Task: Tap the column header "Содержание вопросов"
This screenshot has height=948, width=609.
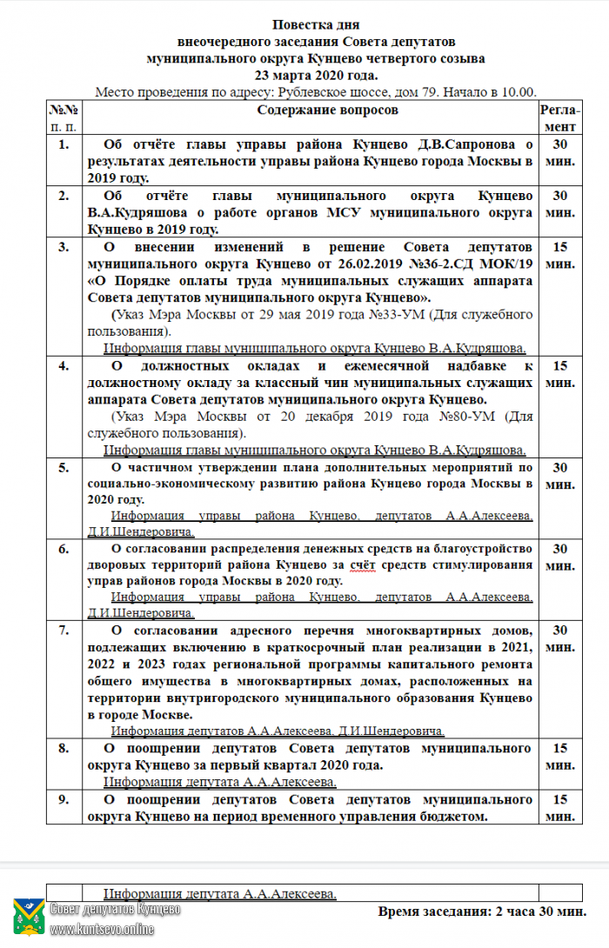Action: tap(327, 110)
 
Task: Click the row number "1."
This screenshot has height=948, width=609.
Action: tap(64, 144)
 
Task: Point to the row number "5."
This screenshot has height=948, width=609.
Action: tap(64, 468)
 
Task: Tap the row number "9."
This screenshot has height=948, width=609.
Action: tap(64, 798)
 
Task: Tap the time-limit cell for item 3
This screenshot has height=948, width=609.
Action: tap(561, 255)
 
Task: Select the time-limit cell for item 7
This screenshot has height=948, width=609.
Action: tap(561, 638)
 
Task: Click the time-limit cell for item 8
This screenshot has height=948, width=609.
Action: tap(561, 756)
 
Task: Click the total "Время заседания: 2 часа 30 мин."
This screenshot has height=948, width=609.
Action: tap(482, 911)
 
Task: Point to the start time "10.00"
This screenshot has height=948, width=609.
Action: tap(519, 92)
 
